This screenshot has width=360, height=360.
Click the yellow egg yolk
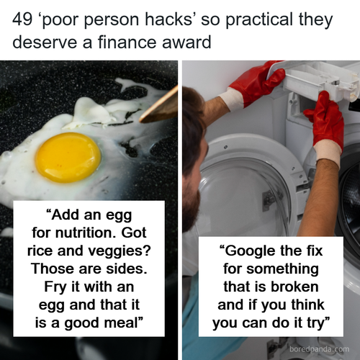click(x=68, y=157)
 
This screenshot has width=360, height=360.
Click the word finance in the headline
click(x=129, y=42)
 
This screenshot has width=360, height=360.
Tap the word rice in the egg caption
click(x=42, y=251)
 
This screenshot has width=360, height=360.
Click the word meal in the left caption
click(x=123, y=321)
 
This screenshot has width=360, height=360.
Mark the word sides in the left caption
click(x=127, y=268)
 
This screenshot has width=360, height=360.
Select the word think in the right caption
click(x=305, y=304)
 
